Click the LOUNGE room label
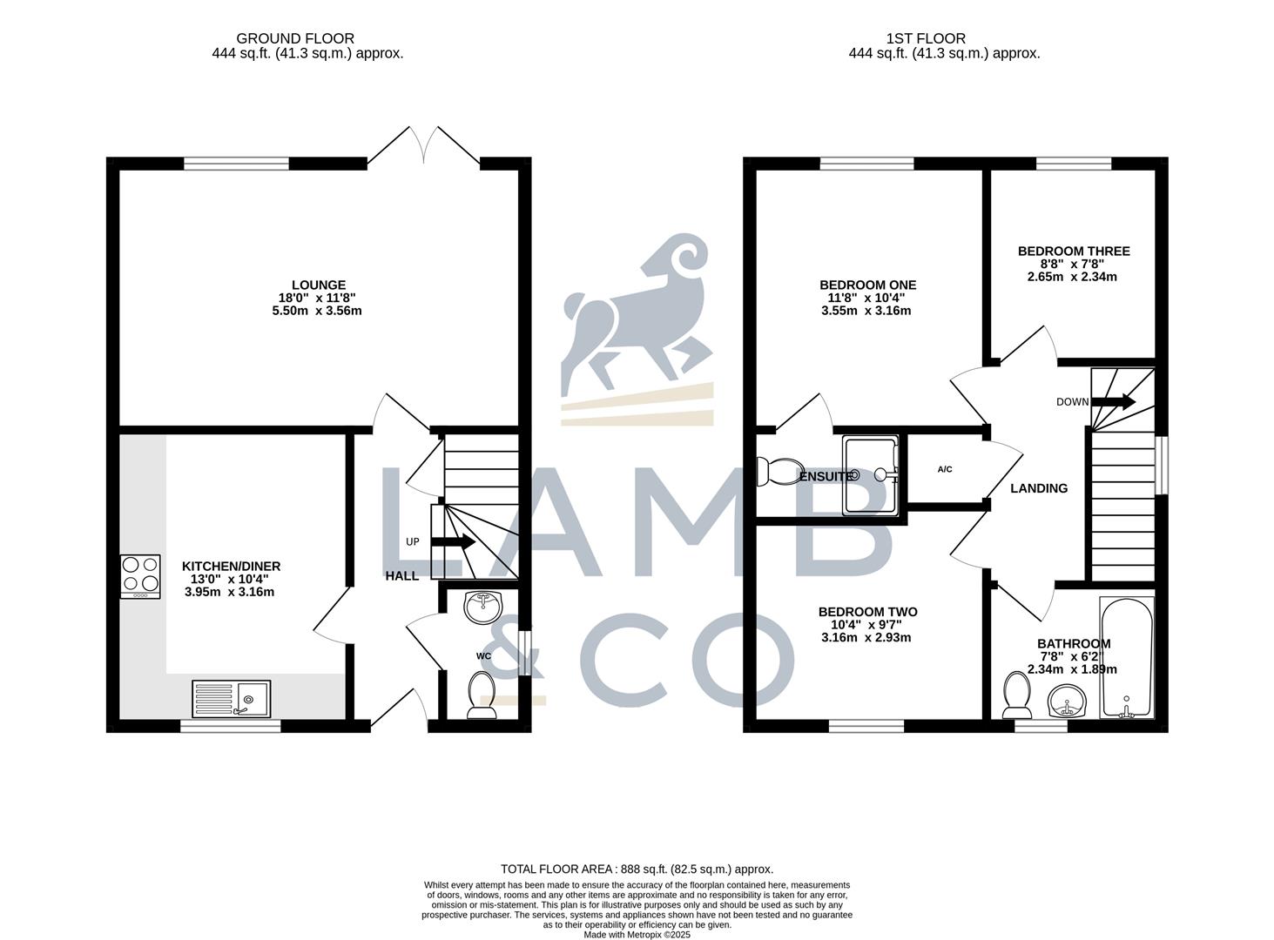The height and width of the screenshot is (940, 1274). pyautogui.click(x=318, y=285)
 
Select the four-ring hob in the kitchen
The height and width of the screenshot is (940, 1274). pyautogui.click(x=140, y=576)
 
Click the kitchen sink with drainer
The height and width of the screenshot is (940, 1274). pyautogui.click(x=231, y=699)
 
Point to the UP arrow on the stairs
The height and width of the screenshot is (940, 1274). pyautogui.click(x=453, y=541)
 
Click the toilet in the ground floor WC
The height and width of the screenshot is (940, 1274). pyautogui.click(x=481, y=695)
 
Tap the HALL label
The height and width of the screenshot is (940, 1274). pyautogui.click(x=402, y=576)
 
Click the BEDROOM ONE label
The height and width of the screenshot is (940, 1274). pyautogui.click(x=867, y=285)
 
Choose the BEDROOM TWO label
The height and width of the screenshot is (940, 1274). pyautogui.click(x=867, y=612)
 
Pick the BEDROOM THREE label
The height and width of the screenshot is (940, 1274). pyautogui.click(x=1074, y=251)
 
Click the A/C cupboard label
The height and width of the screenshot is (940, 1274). pyautogui.click(x=945, y=470)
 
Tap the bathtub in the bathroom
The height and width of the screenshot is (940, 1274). pyautogui.click(x=1127, y=657)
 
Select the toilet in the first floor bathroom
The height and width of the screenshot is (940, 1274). pyautogui.click(x=1015, y=694)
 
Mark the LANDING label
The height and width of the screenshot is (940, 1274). pyautogui.click(x=1038, y=488)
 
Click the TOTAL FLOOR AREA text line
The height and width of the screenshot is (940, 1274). pyautogui.click(x=637, y=869)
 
